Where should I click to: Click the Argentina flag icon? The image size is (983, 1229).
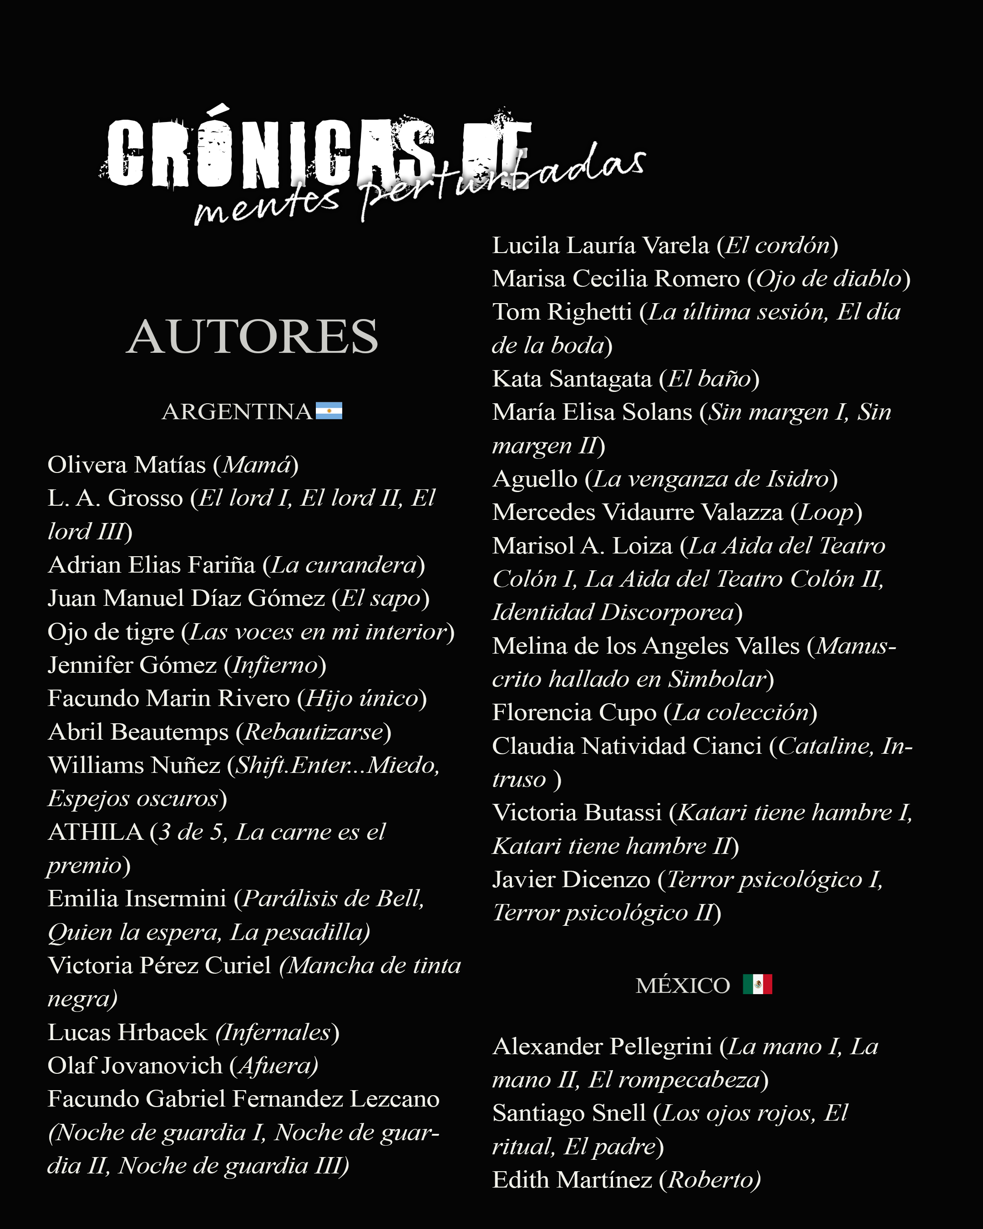tap(329, 411)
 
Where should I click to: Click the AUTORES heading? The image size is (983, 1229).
tap(252, 336)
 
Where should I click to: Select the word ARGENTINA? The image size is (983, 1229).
tap(237, 411)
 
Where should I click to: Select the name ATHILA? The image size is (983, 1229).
tap(95, 832)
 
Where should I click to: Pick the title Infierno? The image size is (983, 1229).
tap(275, 665)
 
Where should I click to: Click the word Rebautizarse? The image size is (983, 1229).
tap(314, 732)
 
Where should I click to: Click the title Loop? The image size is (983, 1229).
tap(826, 513)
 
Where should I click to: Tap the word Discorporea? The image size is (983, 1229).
tap(667, 613)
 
